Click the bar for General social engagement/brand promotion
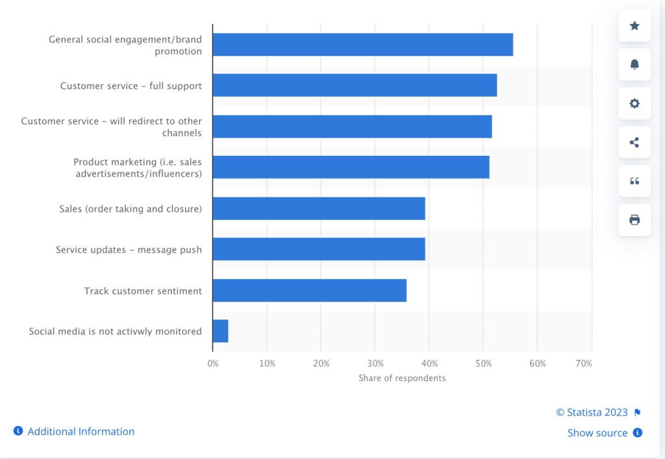362,45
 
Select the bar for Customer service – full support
355,85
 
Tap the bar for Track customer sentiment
309,290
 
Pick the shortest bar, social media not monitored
220,331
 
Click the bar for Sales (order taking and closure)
318,208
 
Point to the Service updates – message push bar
318,249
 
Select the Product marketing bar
351,167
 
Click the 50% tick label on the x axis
483,364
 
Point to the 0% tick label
213,364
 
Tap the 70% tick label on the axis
584,364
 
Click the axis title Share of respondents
402,378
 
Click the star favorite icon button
634,26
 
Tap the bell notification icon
634,64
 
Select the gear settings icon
634,103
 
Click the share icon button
634,142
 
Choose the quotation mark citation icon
634,181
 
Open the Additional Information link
81,431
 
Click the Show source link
597,432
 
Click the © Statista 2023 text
592,412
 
